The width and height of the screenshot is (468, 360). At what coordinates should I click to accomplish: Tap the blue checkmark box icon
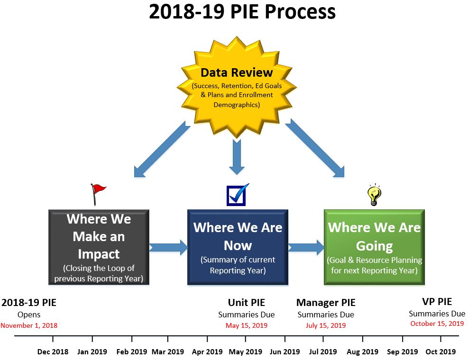coord(237,195)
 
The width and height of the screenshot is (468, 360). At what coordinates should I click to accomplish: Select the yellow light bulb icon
coord(374,195)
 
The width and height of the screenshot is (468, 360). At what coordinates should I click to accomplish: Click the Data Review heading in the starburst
coord(237,72)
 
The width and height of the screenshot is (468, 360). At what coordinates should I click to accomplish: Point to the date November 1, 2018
coord(29,325)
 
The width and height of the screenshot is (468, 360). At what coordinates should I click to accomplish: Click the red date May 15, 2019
coord(247,325)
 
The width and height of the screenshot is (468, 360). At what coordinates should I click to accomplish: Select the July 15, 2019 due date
coord(326,325)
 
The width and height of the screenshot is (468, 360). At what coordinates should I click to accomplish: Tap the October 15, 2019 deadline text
coord(437,324)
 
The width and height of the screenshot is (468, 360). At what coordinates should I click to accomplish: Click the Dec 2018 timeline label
coord(53,352)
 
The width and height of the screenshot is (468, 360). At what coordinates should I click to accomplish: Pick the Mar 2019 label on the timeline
coord(168,352)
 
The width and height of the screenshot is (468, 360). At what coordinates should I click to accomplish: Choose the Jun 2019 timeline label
coord(285,352)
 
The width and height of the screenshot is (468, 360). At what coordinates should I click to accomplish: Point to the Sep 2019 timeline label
coord(403,352)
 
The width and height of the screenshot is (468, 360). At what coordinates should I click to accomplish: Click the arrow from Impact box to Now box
coord(168,247)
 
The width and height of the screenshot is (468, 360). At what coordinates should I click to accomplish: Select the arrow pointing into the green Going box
coord(306,247)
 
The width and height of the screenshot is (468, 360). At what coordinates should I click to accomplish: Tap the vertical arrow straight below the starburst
coord(237,157)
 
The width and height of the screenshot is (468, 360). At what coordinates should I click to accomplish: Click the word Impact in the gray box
coord(99,254)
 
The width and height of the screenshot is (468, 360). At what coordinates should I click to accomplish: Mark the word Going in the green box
coord(374,246)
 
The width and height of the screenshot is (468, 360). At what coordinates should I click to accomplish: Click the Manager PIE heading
coord(326,302)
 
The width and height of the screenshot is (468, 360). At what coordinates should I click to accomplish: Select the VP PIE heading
coord(437,302)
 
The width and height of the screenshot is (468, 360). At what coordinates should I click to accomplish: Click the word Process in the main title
coord(300,12)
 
